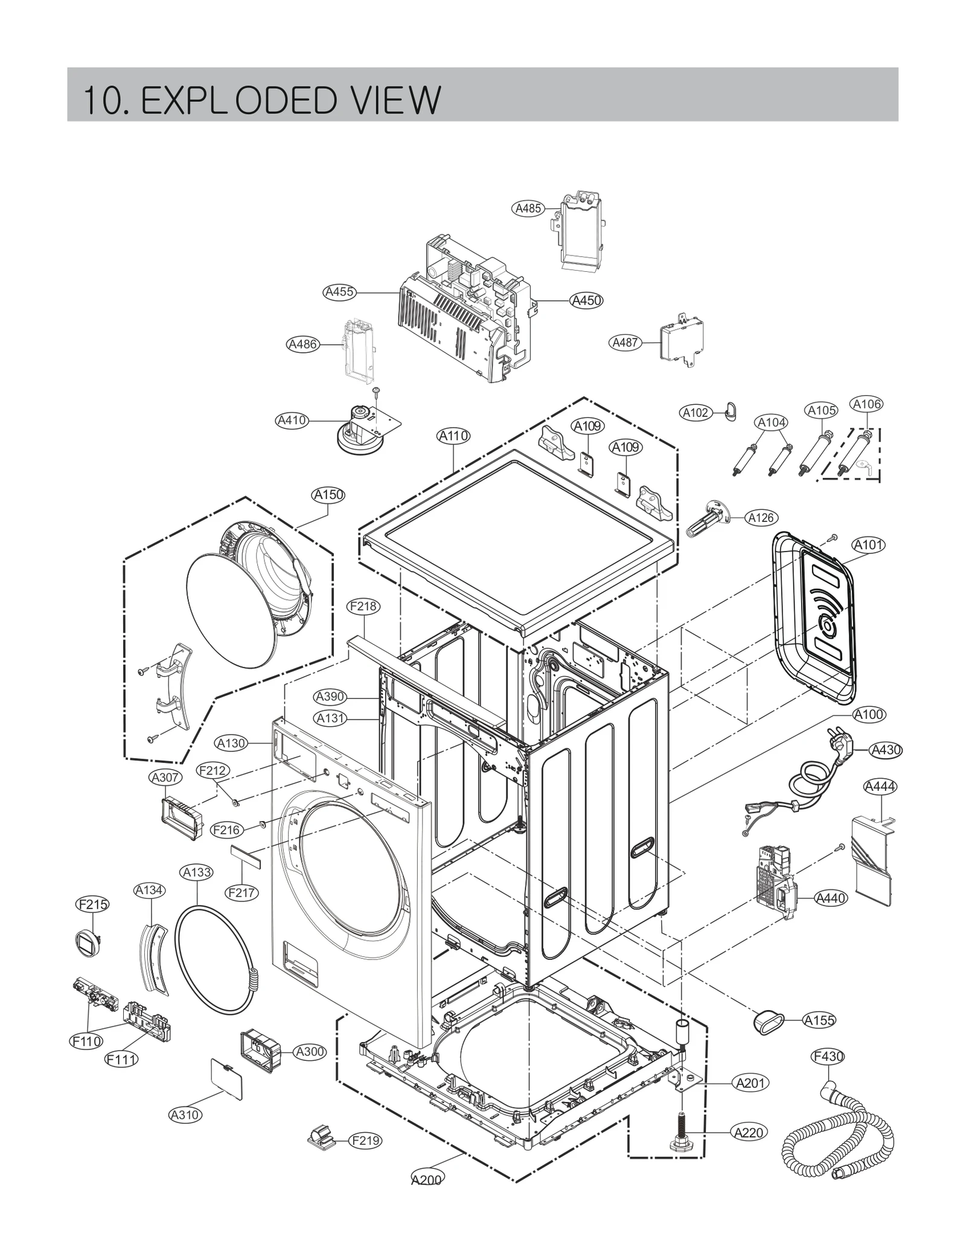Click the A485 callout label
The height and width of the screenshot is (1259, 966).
tap(528, 208)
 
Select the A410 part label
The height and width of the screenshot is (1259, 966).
tap(292, 420)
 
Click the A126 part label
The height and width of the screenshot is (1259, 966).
tap(761, 518)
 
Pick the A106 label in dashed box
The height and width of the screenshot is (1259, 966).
tap(866, 404)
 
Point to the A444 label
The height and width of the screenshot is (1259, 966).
tap(880, 787)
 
